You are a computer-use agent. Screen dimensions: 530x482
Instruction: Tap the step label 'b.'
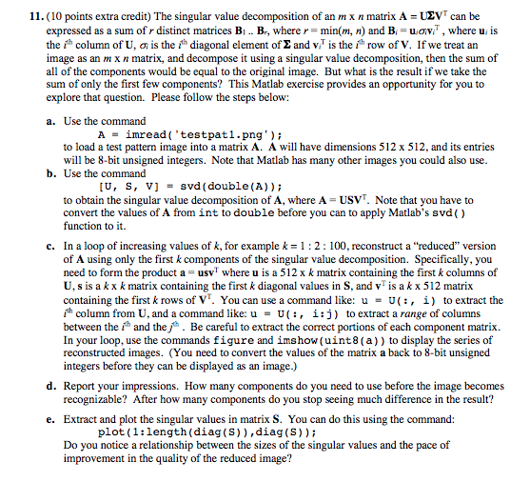50,175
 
